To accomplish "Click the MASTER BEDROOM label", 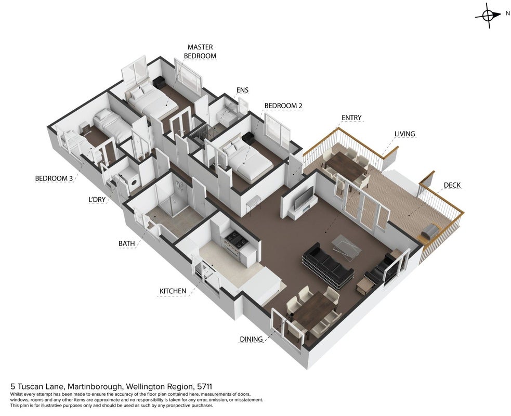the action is tap(200, 51).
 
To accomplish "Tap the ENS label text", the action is tap(242, 90).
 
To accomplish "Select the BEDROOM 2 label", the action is tap(283, 106).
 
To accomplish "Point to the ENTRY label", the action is tap(351, 118).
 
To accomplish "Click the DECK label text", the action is tap(452, 185).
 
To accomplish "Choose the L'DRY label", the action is tap(97, 200).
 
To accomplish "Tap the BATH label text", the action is tap(127, 243).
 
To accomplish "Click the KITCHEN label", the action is tap(173, 291).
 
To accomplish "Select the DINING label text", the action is tap(251, 339).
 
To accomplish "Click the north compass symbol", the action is tap(488, 15).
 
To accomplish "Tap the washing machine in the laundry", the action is tap(131, 181).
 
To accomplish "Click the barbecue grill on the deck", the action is tap(430, 230).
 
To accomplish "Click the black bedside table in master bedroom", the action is tap(160, 82).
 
